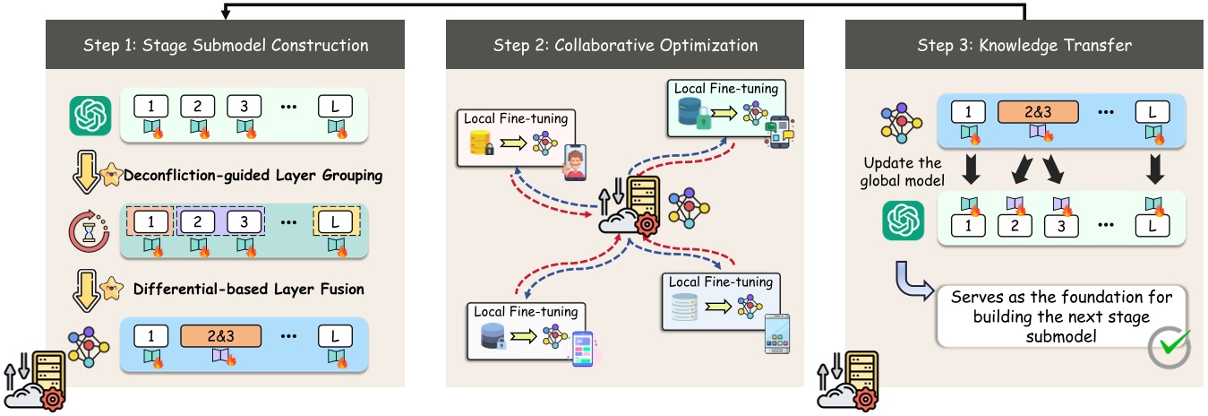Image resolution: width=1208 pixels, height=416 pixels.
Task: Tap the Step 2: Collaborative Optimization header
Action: (x=625, y=45)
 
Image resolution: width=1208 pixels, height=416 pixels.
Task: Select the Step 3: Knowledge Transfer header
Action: (x=1025, y=45)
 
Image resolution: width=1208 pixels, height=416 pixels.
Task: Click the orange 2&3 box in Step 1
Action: (x=220, y=336)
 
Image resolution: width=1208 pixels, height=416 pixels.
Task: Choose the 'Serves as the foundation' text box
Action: (x=1057, y=316)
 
